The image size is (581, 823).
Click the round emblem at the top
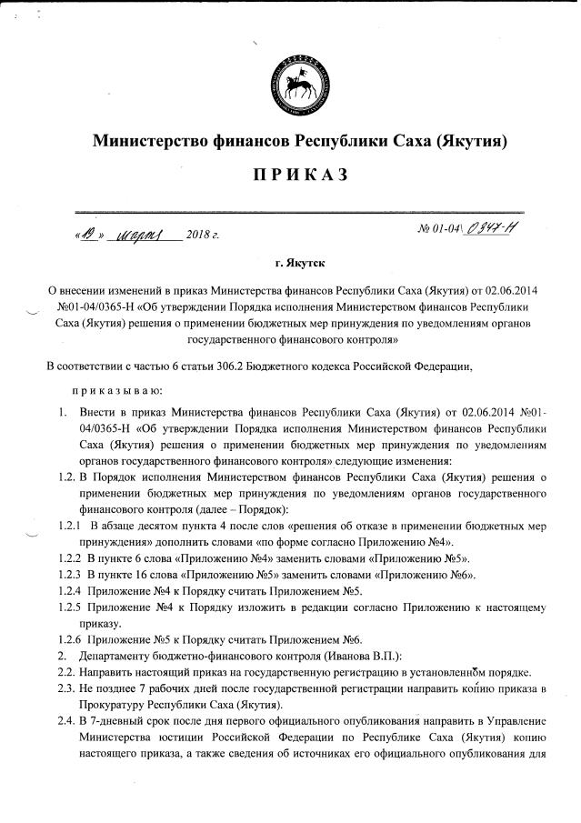point(301,85)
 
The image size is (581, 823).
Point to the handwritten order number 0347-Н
point(492,230)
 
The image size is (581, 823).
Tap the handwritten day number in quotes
point(89,234)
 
